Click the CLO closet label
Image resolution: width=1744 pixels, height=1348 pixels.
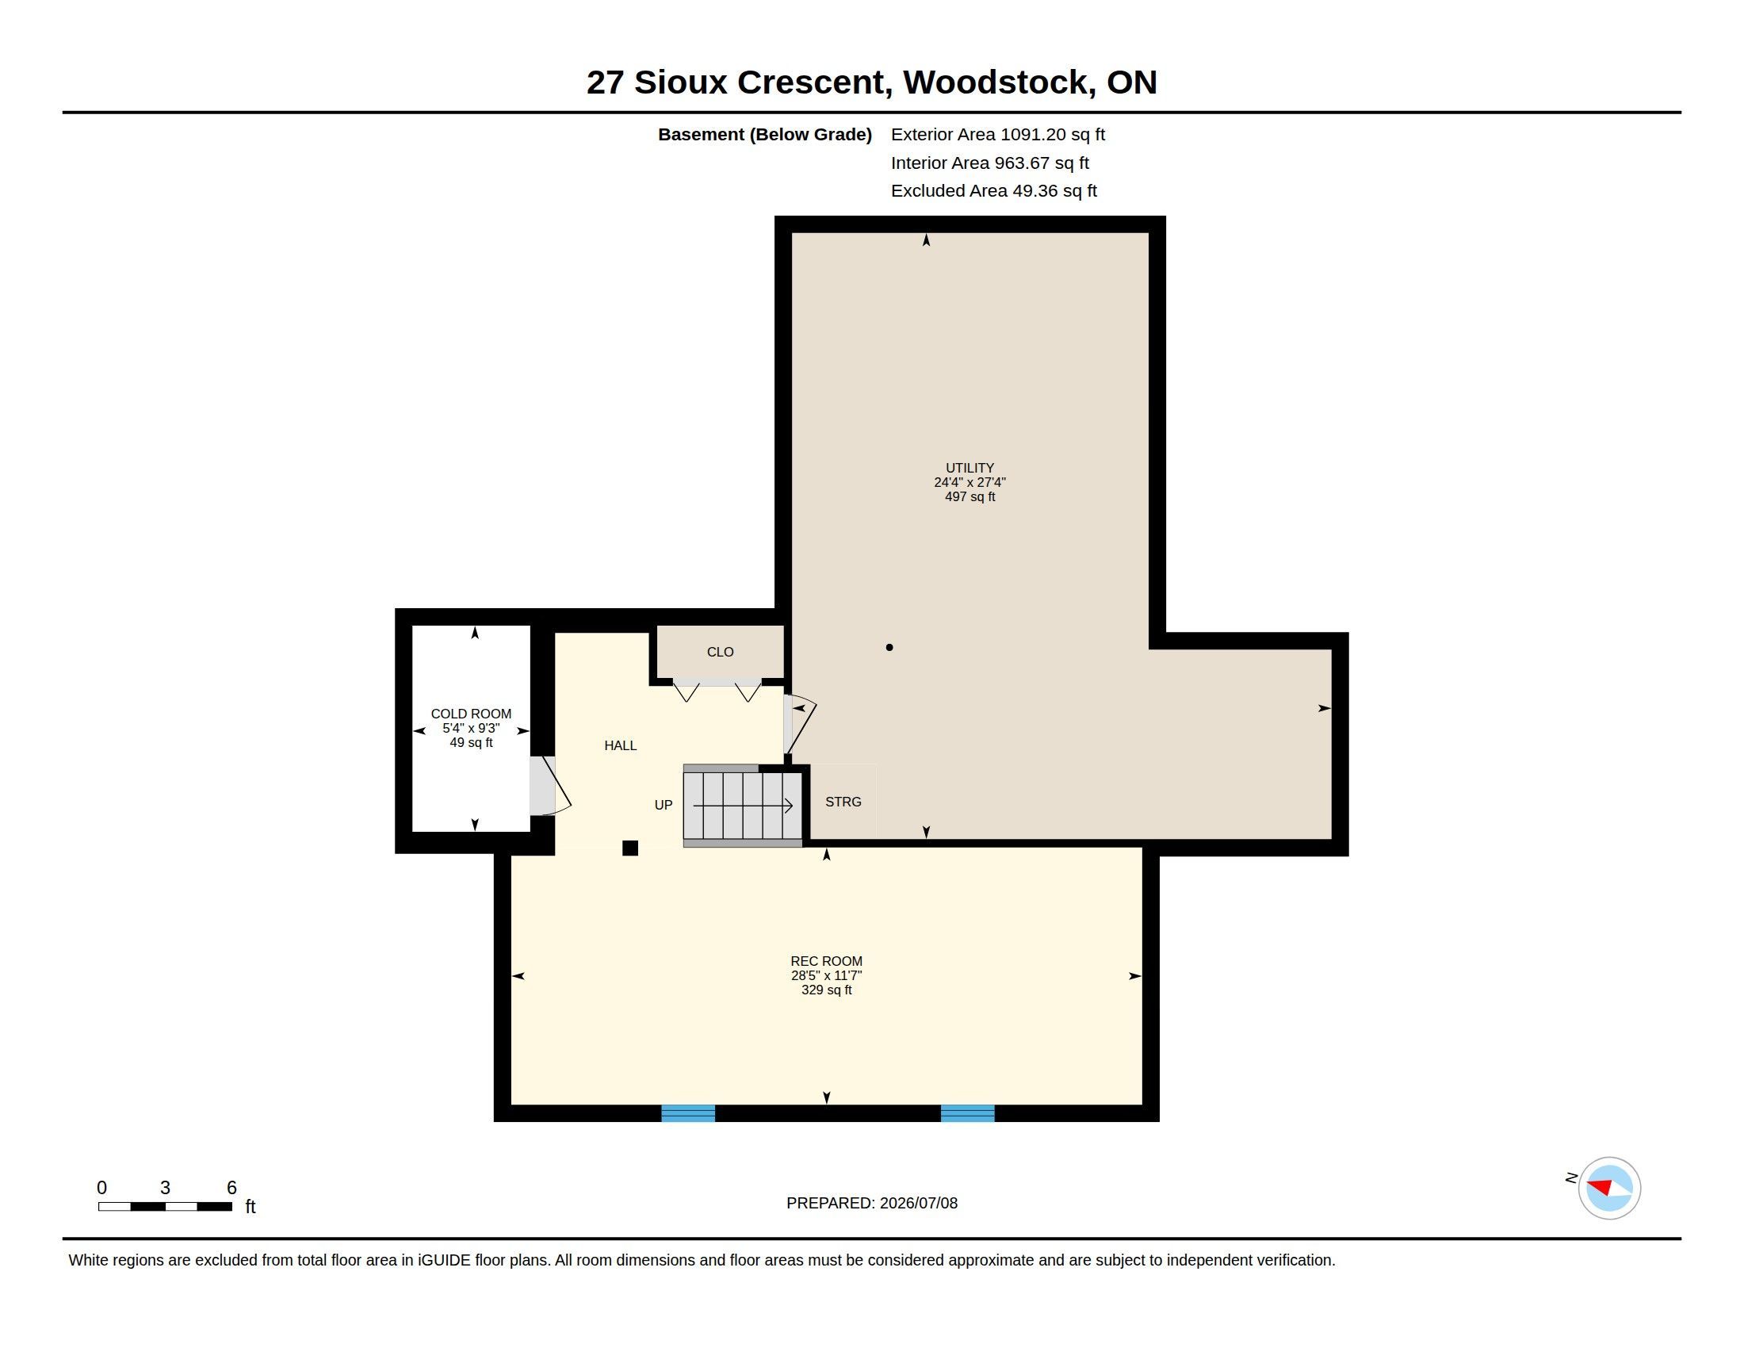pyautogui.click(x=720, y=652)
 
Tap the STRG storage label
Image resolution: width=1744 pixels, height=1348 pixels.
pyautogui.click(x=843, y=802)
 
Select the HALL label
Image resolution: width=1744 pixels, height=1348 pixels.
pyautogui.click(x=621, y=746)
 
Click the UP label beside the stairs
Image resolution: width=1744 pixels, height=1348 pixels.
pyautogui.click(x=664, y=805)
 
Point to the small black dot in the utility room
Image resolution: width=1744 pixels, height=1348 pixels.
pyautogui.click(x=889, y=648)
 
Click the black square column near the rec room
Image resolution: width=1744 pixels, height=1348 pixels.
pyautogui.click(x=630, y=848)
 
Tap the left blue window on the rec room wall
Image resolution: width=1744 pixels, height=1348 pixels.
pyautogui.click(x=688, y=1113)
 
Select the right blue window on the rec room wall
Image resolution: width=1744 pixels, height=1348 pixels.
pyautogui.click(x=968, y=1113)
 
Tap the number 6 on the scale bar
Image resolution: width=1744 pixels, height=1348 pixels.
pyautogui.click(x=231, y=1188)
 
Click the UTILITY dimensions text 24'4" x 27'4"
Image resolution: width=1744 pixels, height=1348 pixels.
pyautogui.click(x=970, y=482)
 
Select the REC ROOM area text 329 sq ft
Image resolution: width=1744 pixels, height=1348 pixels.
pyautogui.click(x=827, y=990)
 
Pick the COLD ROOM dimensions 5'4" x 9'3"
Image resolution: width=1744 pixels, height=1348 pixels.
pyautogui.click(x=471, y=728)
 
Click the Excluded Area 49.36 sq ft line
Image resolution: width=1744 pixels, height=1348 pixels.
pyautogui.click(x=994, y=191)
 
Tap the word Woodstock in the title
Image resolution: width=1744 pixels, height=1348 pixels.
pyautogui.click(x=999, y=82)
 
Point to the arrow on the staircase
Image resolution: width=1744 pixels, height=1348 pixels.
pyautogui.click(x=743, y=806)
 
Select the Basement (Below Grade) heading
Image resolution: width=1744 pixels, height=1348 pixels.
pyautogui.click(x=765, y=135)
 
